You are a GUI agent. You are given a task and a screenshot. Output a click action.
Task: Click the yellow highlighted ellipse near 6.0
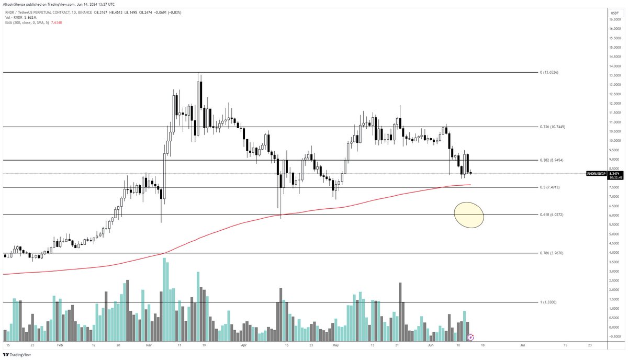[469, 215]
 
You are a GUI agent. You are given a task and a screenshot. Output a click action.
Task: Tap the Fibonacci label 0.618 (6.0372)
[552, 215]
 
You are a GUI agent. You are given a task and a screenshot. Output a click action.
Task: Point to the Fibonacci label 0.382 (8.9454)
[552, 160]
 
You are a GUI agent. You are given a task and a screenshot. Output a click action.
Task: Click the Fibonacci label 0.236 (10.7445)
[553, 127]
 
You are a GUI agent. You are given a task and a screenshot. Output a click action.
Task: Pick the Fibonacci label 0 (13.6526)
[549, 72]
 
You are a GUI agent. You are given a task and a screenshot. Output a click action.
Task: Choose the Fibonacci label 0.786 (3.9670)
[552, 253]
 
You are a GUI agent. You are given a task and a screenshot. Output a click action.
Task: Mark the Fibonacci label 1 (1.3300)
[549, 302]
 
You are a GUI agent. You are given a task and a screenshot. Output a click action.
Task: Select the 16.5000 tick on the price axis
[614, 19]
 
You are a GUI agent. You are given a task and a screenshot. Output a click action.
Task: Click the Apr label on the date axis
[244, 346]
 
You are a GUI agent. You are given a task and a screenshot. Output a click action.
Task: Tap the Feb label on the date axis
[59, 346]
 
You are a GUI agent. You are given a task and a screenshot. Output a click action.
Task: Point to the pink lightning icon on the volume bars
[470, 338]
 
